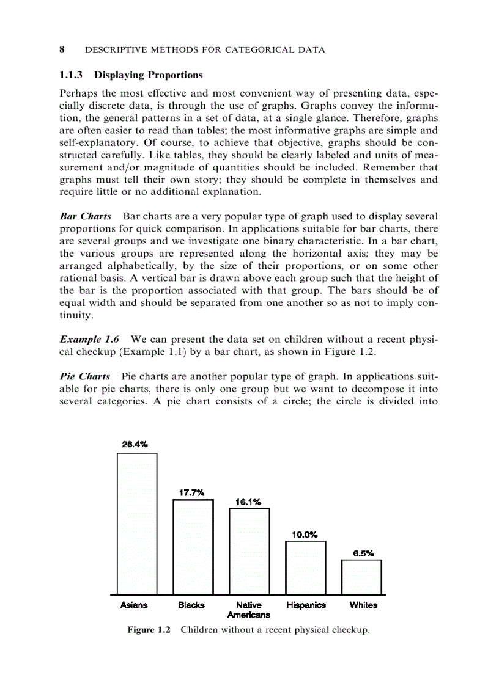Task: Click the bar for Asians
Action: click(x=137, y=524)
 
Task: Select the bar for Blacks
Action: click(x=193, y=547)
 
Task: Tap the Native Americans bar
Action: click(x=249, y=551)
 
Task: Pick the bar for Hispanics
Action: click(x=305, y=567)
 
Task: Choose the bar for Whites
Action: click(x=361, y=577)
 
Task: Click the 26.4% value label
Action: click(x=135, y=444)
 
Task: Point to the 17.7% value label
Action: click(x=191, y=492)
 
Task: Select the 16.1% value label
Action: click(x=248, y=502)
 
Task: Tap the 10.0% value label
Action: click(x=305, y=535)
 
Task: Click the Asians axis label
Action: click(x=134, y=605)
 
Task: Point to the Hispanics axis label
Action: click(x=306, y=605)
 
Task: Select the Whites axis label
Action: click(x=363, y=605)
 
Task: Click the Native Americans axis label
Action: click(x=248, y=610)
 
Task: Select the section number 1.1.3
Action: click(x=72, y=75)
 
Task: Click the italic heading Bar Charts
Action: click(x=86, y=217)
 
